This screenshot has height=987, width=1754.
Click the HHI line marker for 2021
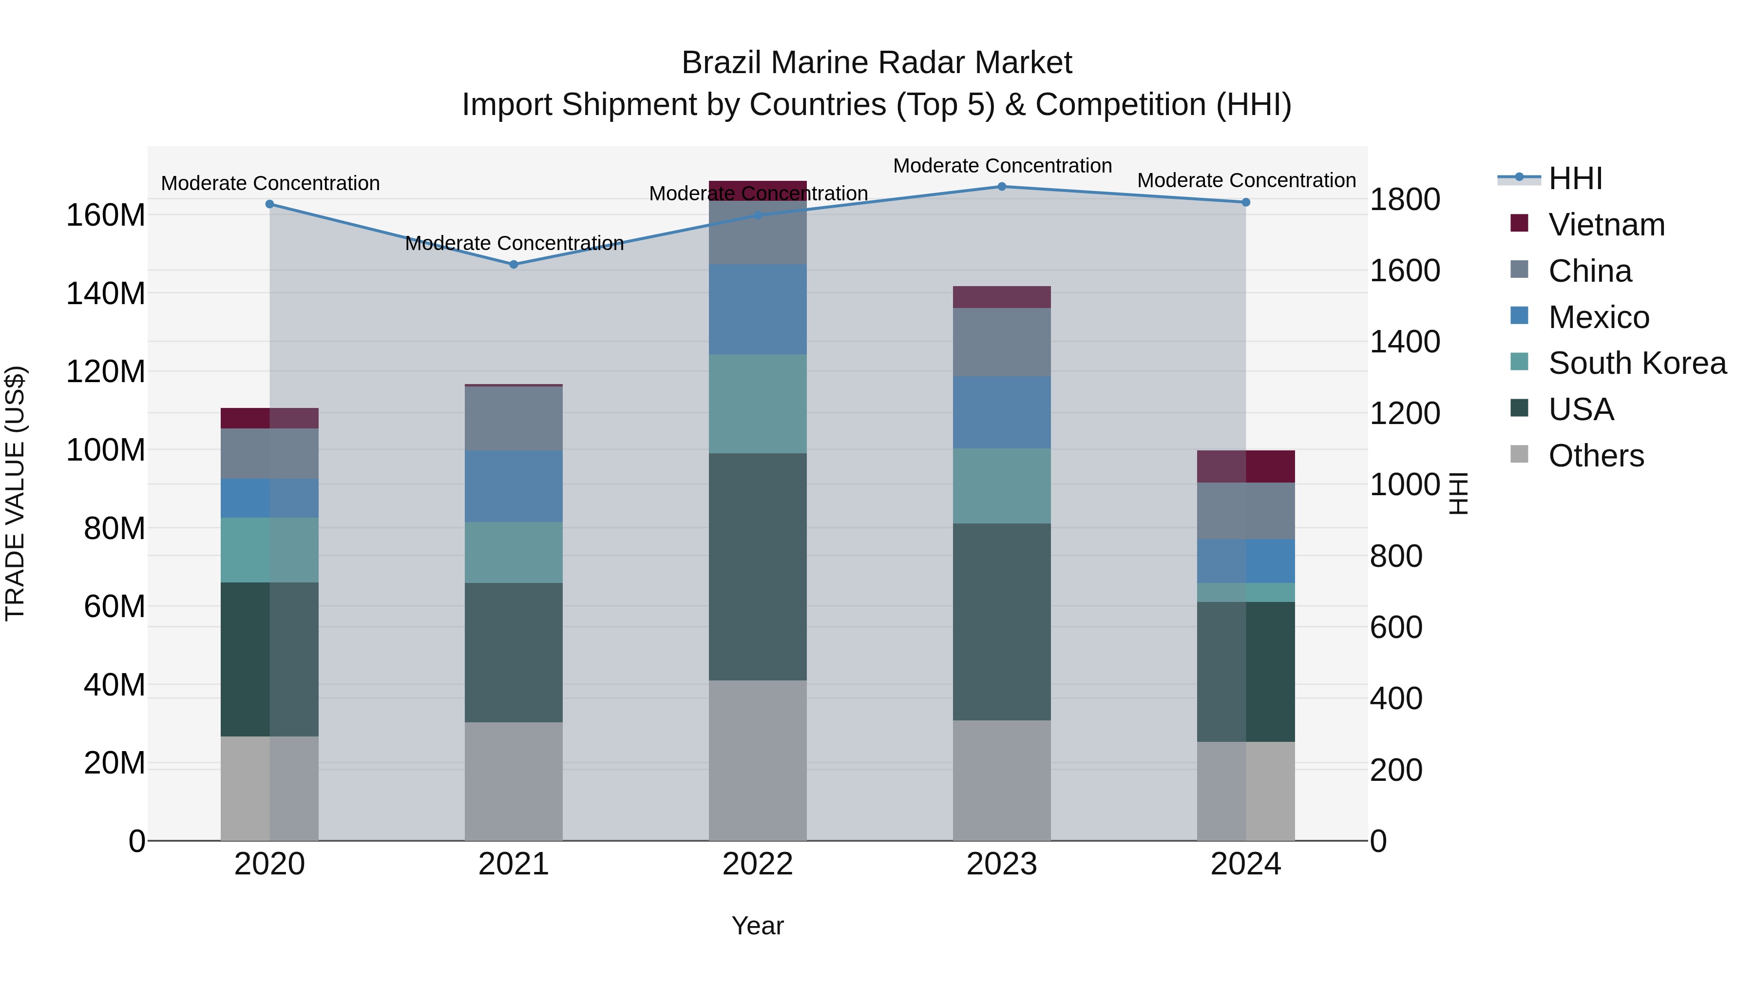[514, 264]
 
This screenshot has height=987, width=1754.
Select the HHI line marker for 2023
[1002, 187]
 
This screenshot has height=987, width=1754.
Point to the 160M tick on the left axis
[106, 215]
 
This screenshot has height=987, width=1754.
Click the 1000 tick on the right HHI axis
[1404, 485]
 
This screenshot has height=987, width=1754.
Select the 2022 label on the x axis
[757, 864]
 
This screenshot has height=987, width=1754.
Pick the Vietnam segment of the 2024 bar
[1246, 466]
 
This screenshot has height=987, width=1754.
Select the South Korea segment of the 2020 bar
[269, 550]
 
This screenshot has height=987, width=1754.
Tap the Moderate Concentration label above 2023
[1002, 166]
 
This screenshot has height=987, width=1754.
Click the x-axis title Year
[757, 926]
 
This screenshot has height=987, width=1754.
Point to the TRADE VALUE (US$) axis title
[15, 493]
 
